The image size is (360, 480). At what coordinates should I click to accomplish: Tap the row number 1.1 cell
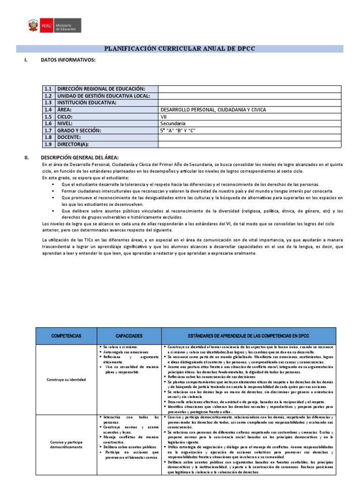(48, 89)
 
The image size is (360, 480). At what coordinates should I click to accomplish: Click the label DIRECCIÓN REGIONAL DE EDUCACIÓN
(101, 89)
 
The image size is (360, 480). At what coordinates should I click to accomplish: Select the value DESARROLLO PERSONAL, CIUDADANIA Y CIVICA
(213, 110)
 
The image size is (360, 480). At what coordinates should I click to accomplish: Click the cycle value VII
(164, 117)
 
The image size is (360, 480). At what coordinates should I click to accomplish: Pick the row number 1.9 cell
(48, 144)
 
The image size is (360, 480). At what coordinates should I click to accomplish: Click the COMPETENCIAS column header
(66, 336)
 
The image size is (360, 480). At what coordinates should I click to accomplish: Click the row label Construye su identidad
(66, 379)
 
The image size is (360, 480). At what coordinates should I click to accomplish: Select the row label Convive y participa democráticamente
(66, 444)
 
